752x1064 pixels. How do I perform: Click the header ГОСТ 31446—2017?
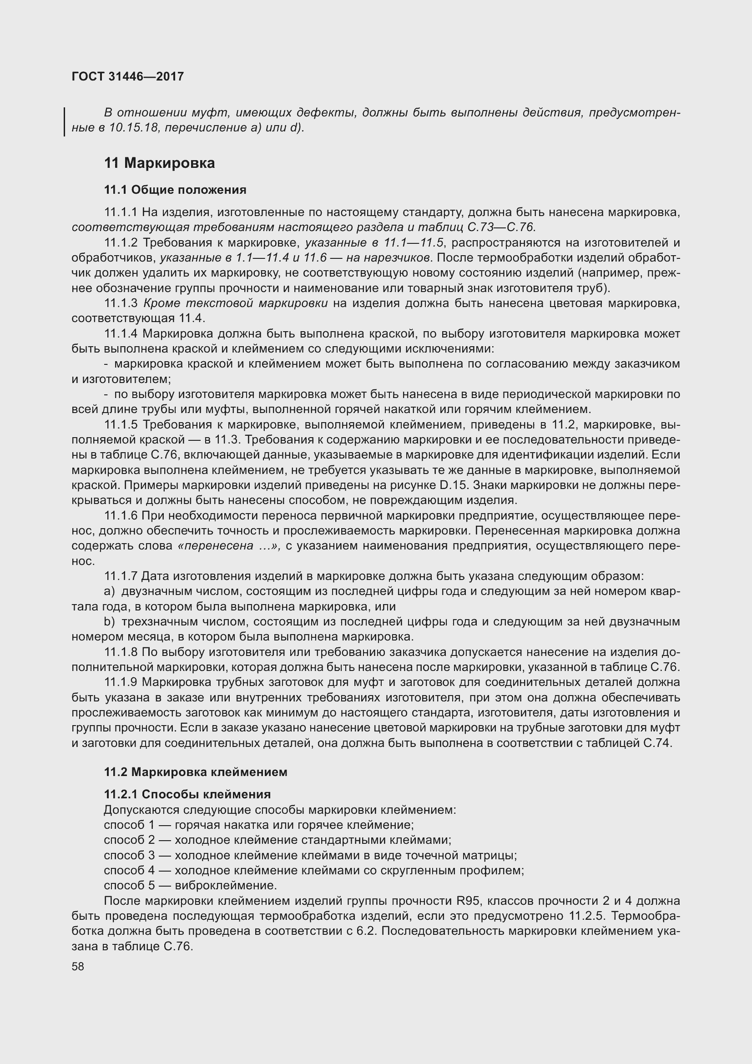point(128,76)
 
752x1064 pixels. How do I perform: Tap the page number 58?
point(78,966)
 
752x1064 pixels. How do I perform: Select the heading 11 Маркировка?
point(159,163)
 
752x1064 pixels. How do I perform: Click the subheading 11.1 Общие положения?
point(175,190)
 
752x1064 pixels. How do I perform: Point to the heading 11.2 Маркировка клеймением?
point(196,772)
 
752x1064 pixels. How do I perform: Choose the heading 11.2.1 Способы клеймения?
point(187,794)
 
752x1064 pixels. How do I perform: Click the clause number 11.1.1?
point(121,212)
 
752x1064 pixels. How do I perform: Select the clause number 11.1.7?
point(121,576)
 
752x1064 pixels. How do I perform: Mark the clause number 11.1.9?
point(121,682)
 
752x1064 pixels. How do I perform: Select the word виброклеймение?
point(226,886)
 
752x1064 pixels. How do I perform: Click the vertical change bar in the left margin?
point(65,121)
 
